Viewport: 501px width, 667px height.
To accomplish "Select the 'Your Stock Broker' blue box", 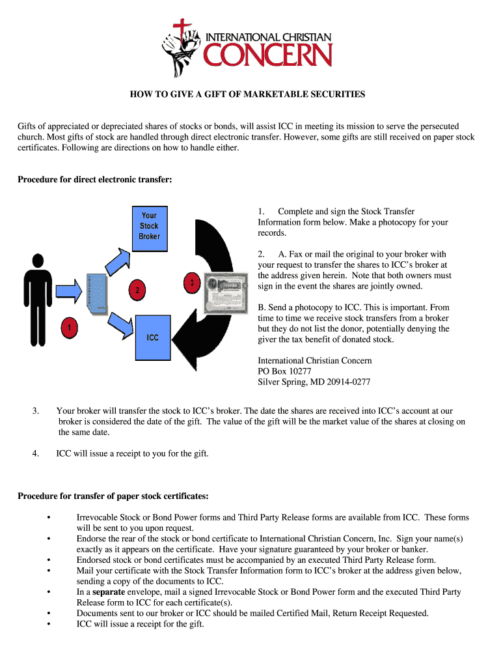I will pyautogui.click(x=149, y=225).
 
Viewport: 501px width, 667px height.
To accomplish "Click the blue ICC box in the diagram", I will pyautogui.click(x=152, y=337).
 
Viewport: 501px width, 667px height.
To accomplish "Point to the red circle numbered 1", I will pyautogui.click(x=68, y=328).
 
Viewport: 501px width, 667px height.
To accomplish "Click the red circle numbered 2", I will pyautogui.click(x=136, y=291).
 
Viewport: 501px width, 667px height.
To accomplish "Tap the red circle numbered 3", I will pyautogui.click(x=192, y=283).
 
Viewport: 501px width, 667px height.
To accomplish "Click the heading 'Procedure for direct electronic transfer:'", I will pyautogui.click(x=94, y=180).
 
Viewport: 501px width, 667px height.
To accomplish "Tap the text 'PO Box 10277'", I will pyautogui.click(x=284, y=371).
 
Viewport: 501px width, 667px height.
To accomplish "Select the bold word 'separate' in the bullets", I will pyautogui.click(x=113, y=592).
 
